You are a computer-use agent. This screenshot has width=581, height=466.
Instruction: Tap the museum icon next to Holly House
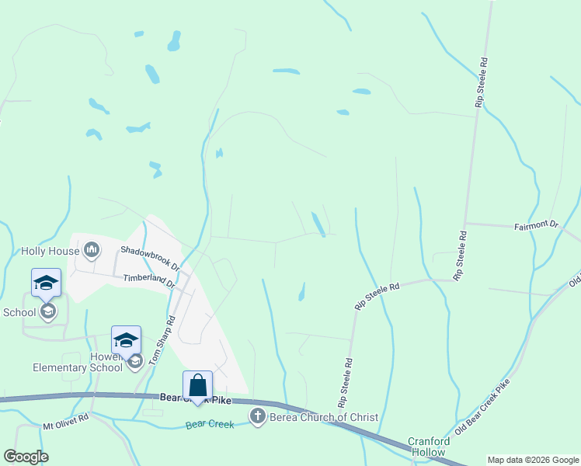(92, 249)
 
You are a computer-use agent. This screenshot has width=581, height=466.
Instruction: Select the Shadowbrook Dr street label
(150, 259)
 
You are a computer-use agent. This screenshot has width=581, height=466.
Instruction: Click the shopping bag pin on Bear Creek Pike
(198, 386)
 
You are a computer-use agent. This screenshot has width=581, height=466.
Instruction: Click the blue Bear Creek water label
(210, 425)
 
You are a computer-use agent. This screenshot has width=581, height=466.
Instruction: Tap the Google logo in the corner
(26, 457)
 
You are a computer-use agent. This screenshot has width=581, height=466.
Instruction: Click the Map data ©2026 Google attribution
(533, 460)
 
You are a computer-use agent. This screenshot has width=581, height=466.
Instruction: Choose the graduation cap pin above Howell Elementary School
(126, 339)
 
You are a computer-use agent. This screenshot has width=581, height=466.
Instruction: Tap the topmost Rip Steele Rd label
(482, 82)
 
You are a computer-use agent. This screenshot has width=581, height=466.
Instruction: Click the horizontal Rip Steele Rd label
(377, 297)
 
